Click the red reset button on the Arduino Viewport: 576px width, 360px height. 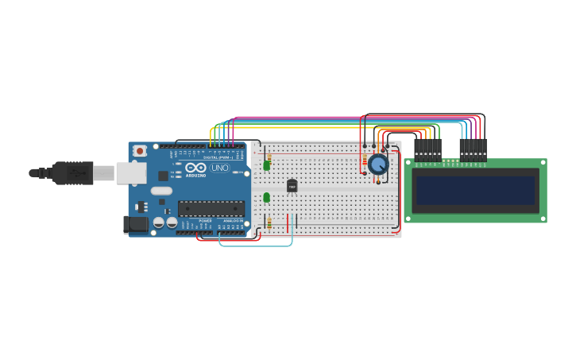pos(140,150)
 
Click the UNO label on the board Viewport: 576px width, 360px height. pos(219,168)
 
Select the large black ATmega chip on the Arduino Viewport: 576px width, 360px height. pos(211,209)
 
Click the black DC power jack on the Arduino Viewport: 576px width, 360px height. pos(137,225)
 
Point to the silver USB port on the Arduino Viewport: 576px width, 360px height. pos(131,172)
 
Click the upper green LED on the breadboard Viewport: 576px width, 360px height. pos(266,166)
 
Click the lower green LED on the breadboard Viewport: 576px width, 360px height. pos(266,197)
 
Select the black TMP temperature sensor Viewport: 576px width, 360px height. pos(292,185)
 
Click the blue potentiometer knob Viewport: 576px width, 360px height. pos(378,165)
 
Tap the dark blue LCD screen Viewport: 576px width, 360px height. pos(475,190)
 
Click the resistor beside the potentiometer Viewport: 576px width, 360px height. pos(365,162)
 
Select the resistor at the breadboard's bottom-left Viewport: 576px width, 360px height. pos(269,223)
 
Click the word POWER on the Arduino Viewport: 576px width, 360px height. pos(205,220)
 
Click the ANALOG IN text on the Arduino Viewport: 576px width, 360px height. pos(232,220)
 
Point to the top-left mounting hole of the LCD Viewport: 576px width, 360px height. pos(409,163)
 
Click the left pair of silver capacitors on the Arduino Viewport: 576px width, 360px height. pos(160,223)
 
